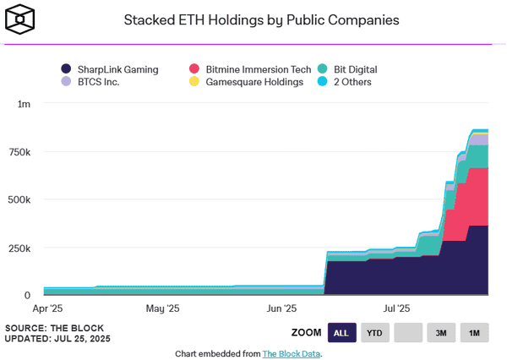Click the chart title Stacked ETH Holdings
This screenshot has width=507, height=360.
[261, 19]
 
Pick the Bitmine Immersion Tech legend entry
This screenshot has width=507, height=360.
[247, 69]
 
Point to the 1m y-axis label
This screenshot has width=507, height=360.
[24, 104]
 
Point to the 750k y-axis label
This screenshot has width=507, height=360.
[19, 152]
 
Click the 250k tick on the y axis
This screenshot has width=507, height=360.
[19, 248]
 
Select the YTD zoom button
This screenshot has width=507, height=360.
[375, 333]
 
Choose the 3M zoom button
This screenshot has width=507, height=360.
[441, 333]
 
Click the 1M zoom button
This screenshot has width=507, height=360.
[474, 333]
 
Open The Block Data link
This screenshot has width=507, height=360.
[292, 353]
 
